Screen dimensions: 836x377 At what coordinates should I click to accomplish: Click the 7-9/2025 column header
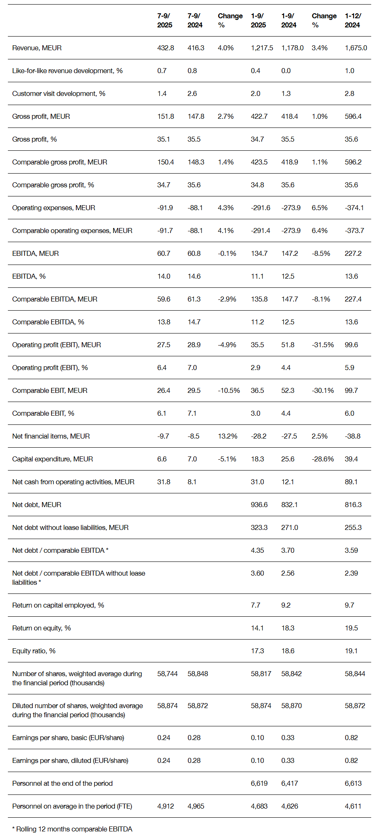click(165, 20)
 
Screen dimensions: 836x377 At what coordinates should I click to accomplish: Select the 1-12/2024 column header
click(353, 20)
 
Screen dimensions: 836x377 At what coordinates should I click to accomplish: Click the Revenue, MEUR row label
click(37, 48)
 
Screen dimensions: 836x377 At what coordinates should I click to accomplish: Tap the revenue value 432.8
click(165, 48)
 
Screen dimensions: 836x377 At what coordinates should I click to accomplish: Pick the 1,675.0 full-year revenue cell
click(356, 48)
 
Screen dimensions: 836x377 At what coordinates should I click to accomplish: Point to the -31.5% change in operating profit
click(323, 345)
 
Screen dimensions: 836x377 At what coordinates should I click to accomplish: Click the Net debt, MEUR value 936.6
click(259, 505)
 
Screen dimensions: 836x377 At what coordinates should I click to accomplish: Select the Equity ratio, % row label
click(34, 651)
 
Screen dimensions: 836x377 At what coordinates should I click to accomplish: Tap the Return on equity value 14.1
click(257, 628)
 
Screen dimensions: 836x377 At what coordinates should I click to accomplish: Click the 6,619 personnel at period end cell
click(259, 783)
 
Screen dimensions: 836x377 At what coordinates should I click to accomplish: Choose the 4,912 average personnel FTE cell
click(165, 806)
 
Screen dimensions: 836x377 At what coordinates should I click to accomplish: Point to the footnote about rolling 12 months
click(72, 829)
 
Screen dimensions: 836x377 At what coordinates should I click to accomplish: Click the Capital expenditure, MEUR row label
click(53, 459)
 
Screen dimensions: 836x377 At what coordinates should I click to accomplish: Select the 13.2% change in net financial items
click(228, 436)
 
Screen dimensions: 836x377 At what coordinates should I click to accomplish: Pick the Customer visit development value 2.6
click(192, 93)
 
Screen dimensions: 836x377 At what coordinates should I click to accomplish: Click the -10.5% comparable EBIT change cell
click(229, 390)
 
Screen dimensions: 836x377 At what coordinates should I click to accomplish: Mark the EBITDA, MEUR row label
click(36, 253)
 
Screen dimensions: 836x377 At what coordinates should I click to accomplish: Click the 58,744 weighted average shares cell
click(167, 674)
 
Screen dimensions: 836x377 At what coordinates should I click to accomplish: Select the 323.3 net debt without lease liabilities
click(259, 527)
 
